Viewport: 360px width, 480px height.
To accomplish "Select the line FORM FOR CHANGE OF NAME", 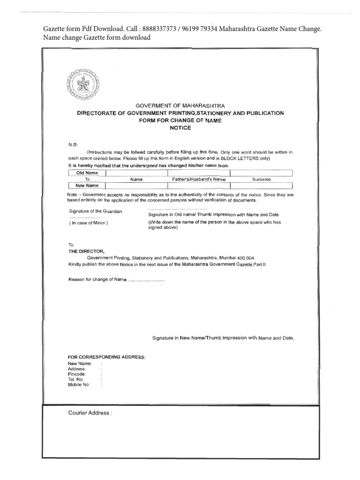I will [x=180, y=120].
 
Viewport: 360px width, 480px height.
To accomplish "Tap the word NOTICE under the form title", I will [x=180, y=127].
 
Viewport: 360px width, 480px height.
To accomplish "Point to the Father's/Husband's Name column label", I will [x=199, y=180].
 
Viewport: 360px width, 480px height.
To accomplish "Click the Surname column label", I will [x=261, y=180].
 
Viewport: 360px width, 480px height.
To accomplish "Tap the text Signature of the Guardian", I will [x=96, y=211].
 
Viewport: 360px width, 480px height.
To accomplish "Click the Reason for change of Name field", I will [x=117, y=279].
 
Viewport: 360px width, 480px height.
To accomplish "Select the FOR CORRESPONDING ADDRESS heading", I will [x=107, y=357].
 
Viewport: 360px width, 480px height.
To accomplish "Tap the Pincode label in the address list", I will [x=76, y=374].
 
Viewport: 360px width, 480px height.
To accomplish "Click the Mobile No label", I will [x=79, y=384].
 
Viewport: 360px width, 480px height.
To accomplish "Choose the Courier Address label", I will [x=90, y=413].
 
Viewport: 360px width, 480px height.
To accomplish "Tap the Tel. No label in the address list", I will [x=75, y=379].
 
